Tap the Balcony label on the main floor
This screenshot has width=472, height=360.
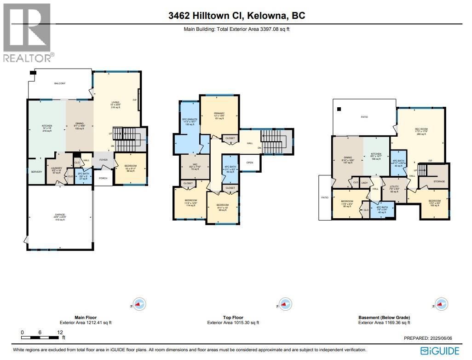point(59,83)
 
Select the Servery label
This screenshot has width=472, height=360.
point(36,172)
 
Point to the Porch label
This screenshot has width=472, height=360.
point(103,179)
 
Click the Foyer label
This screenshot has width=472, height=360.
point(103,160)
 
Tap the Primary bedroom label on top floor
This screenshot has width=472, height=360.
point(219,113)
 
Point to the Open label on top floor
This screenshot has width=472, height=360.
point(249,163)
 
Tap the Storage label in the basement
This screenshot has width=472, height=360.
point(439,181)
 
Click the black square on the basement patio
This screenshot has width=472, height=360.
point(339,109)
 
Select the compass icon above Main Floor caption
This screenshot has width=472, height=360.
point(140,304)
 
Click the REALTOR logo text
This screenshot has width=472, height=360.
point(29,58)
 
